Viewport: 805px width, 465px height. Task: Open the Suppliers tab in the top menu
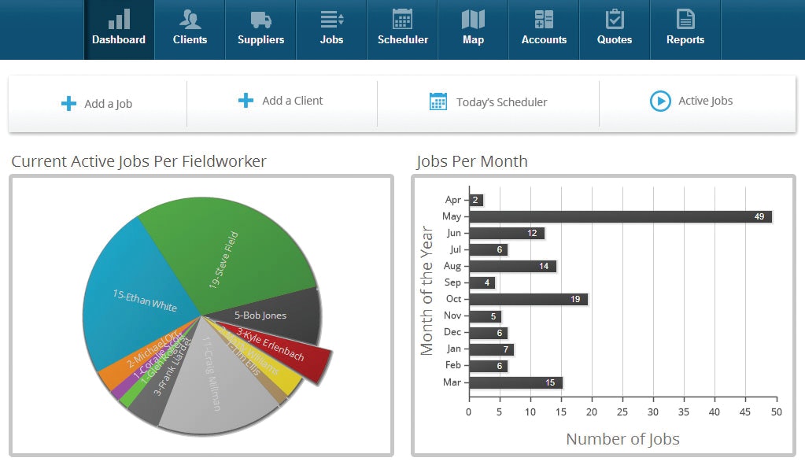coord(260,29)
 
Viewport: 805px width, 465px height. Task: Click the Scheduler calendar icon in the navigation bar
coord(402,20)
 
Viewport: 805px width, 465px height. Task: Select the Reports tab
coord(685,29)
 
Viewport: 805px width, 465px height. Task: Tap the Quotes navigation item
coord(615,29)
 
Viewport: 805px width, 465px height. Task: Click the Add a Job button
coord(97,104)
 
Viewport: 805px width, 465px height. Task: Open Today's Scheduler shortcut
coord(488,101)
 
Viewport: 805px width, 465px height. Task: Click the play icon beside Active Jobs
coord(659,101)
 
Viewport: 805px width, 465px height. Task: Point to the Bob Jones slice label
coord(260,316)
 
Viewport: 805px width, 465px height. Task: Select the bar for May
coord(620,216)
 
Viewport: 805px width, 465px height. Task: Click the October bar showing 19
coord(528,299)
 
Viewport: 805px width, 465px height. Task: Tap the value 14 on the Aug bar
coord(544,266)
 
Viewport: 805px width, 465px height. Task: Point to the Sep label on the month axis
coord(452,282)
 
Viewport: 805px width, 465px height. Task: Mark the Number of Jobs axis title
coord(622,439)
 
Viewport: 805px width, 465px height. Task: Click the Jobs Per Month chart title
coord(471,161)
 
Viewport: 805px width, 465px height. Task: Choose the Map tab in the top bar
coord(473,29)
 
